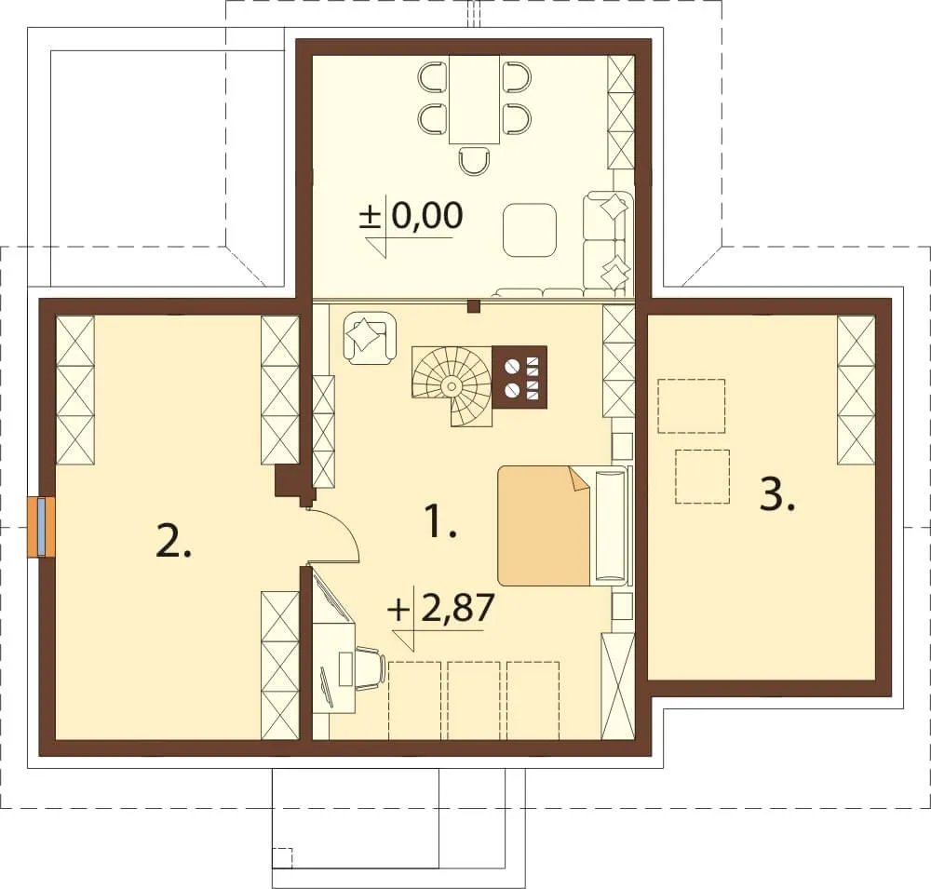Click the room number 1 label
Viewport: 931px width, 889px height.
pos(441,520)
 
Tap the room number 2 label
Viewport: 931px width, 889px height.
pos(173,540)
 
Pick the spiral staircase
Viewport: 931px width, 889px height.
pos(452,386)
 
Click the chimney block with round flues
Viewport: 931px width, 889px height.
pos(519,378)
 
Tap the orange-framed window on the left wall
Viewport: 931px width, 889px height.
pos(41,527)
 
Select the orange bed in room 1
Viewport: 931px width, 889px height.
pos(544,525)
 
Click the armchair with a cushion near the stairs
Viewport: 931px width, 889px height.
pos(370,338)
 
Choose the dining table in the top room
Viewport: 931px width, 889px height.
pos(474,100)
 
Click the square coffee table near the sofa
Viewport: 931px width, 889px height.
pos(530,229)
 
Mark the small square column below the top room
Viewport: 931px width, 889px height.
pos(473,306)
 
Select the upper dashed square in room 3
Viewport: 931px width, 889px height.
pos(691,406)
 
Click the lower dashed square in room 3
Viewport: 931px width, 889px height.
pos(702,477)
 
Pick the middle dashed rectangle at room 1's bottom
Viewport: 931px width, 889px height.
pos(474,701)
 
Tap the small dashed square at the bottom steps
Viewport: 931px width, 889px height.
pos(282,857)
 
